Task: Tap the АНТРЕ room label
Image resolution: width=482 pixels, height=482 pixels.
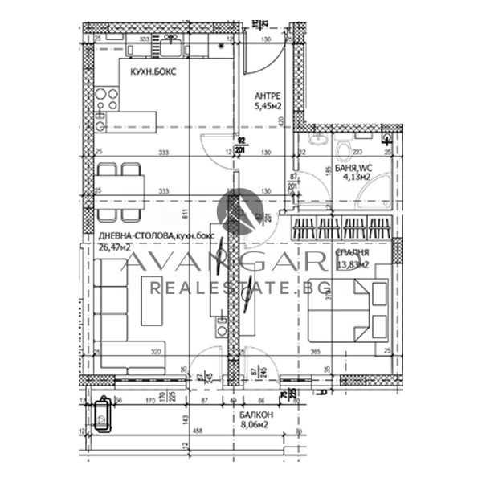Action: point(268,93)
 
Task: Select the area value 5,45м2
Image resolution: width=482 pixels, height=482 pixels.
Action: point(268,105)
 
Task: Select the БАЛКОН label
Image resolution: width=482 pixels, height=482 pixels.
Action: point(256,415)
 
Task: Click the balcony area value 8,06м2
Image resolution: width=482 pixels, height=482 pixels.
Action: point(256,427)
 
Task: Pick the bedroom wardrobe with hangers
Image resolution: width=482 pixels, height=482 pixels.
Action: point(343,224)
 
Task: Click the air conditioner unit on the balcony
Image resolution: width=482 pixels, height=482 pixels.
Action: point(104,415)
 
